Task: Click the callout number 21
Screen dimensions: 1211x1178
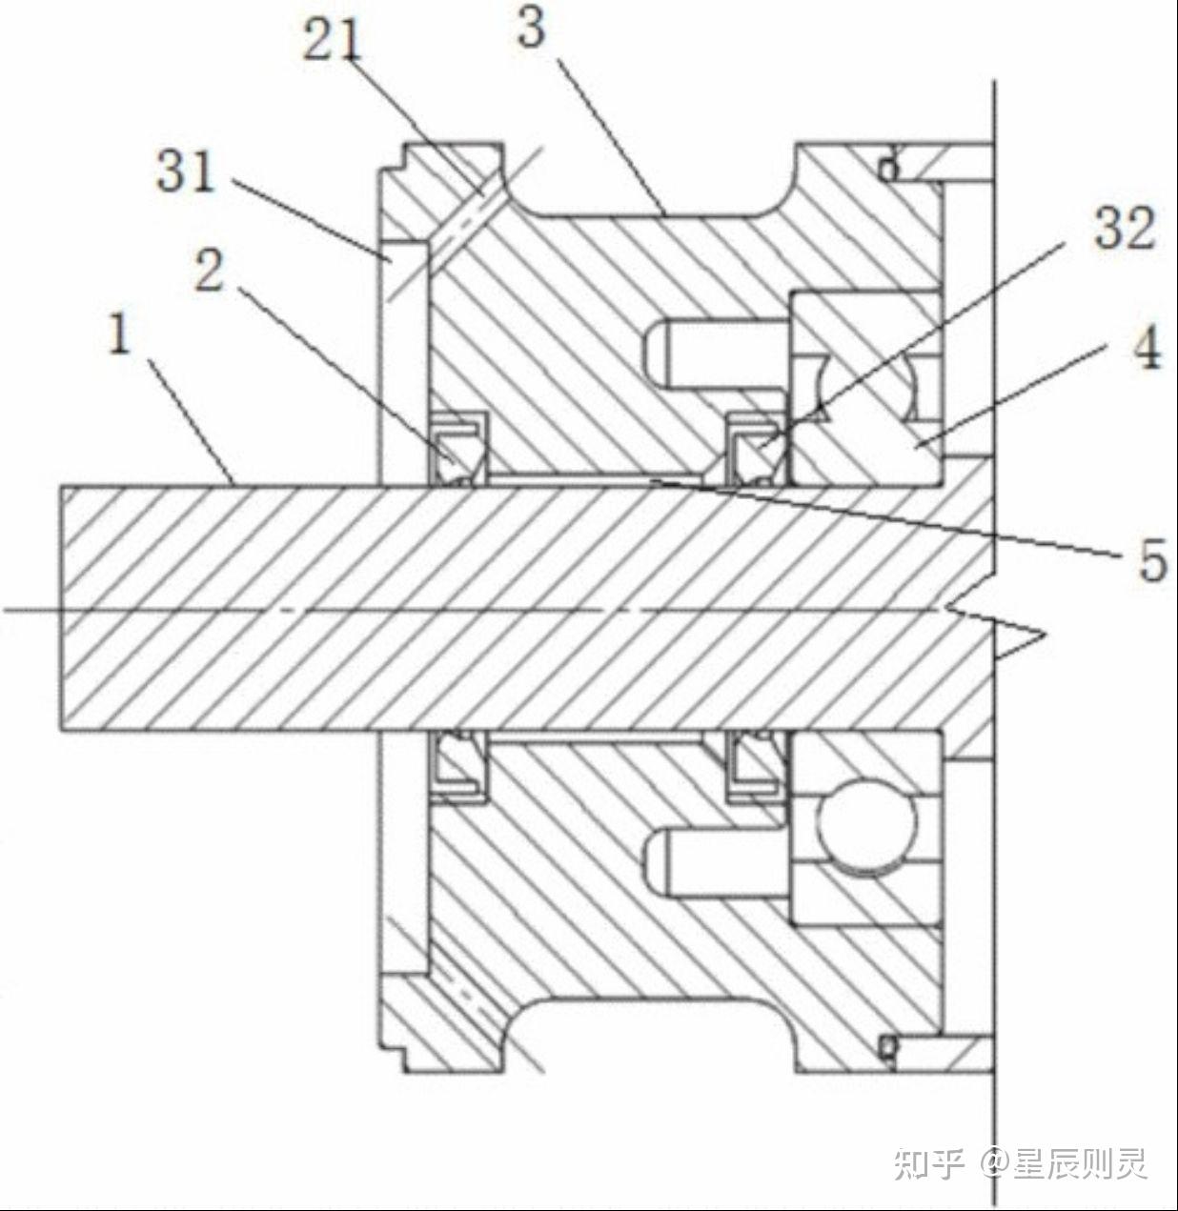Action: point(333,41)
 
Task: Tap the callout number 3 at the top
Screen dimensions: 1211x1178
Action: point(531,27)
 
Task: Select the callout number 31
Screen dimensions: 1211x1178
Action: point(186,172)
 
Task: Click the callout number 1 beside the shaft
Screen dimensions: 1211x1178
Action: point(119,337)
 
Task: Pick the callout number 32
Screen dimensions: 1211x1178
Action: point(1124,229)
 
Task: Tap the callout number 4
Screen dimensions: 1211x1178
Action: point(1147,350)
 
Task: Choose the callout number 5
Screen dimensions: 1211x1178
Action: point(1151,561)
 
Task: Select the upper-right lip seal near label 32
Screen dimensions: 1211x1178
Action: point(756,448)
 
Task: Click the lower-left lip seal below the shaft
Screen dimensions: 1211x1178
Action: point(460,763)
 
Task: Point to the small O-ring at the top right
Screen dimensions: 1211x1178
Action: point(888,169)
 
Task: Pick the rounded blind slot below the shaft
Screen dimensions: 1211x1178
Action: point(710,859)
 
